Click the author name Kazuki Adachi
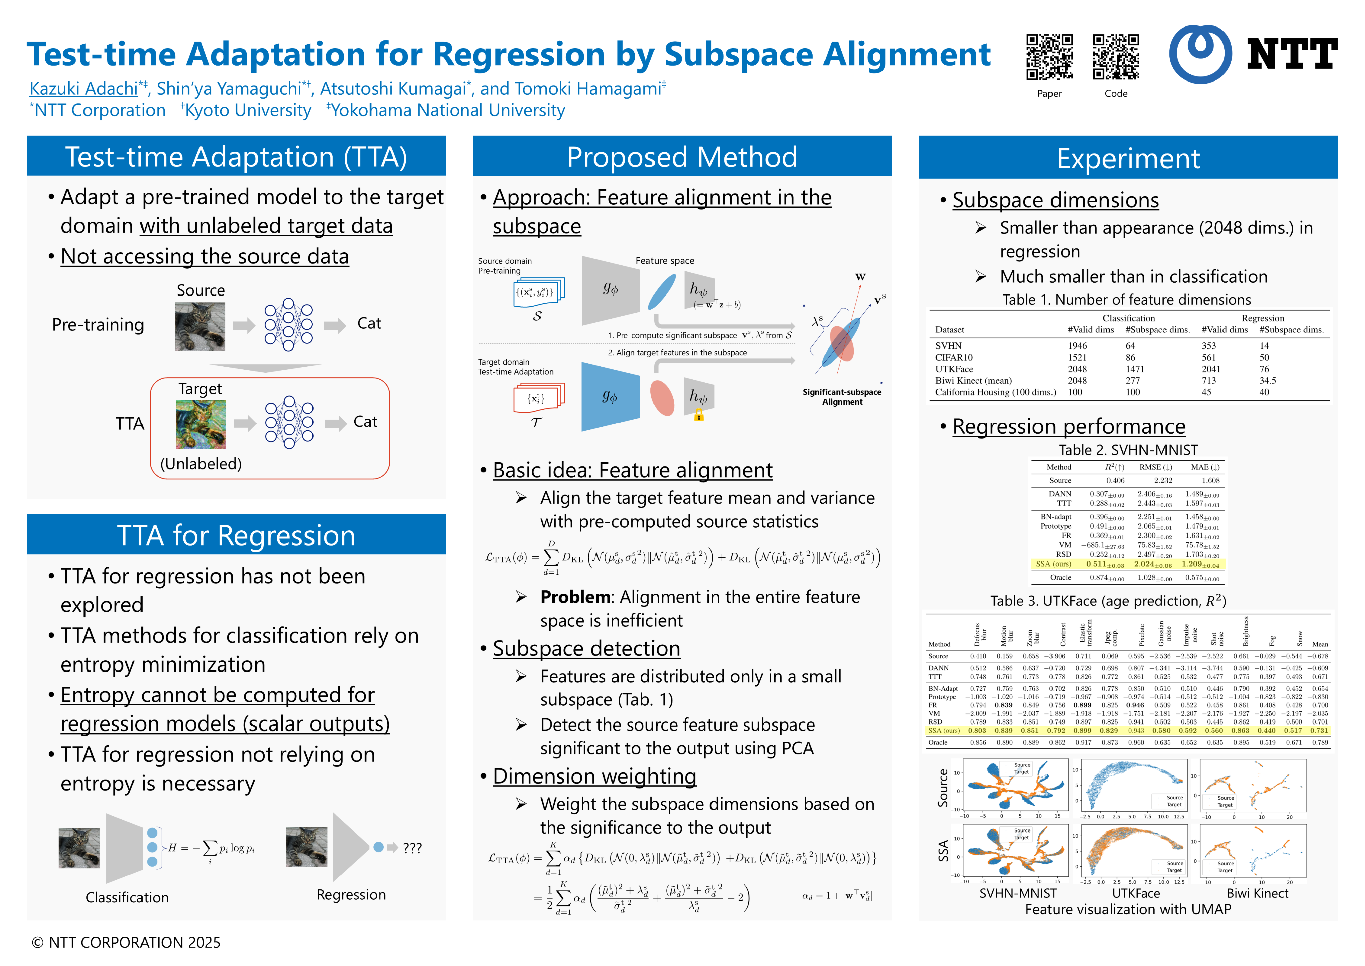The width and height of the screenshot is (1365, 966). [84, 89]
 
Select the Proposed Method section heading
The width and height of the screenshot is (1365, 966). [682, 157]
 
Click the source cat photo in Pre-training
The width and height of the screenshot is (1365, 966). [201, 327]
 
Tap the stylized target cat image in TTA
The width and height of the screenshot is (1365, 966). [201, 424]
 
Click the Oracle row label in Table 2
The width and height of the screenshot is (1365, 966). [1061, 578]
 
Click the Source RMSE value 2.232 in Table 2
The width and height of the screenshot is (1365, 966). [1163, 481]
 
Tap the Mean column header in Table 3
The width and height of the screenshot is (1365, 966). [1320, 644]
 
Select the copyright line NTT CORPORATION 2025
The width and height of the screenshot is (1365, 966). [126, 943]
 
